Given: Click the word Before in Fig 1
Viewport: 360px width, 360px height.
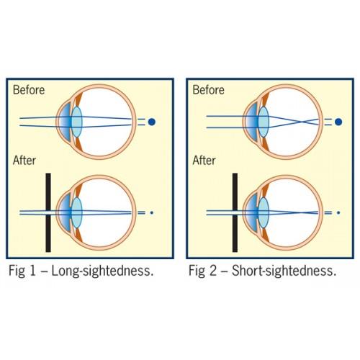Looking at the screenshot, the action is pyautogui.click(x=29, y=90).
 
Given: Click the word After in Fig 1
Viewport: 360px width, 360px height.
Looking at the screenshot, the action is pyautogui.click(x=24, y=161).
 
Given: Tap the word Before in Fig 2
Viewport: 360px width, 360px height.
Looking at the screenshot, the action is pyautogui.click(x=208, y=90).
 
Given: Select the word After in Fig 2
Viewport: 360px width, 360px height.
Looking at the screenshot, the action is pyautogui.click(x=204, y=161).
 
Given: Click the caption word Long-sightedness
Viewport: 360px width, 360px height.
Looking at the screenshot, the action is pyautogui.click(x=102, y=271).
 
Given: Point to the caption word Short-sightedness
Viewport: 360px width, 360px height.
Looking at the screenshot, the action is pyautogui.click(x=284, y=271).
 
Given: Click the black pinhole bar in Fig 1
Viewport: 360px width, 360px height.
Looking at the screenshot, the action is pyautogui.click(x=48, y=212).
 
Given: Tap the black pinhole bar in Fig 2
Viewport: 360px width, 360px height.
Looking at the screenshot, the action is pyautogui.click(x=235, y=212).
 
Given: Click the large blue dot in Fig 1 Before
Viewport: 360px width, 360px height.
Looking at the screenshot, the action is pyautogui.click(x=152, y=122).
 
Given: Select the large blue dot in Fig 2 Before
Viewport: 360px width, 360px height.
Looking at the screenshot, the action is pyautogui.click(x=338, y=122).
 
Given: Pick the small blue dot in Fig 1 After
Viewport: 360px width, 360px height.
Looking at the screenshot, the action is pyautogui.click(x=152, y=212).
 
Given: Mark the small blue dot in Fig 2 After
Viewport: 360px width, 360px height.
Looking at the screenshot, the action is pyautogui.click(x=338, y=212).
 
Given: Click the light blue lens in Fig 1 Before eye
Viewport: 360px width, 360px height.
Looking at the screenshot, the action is pyautogui.click(x=77, y=122).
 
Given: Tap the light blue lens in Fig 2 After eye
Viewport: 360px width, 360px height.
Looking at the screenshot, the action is pyautogui.click(x=264, y=212).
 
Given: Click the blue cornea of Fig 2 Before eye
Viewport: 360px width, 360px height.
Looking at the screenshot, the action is pyautogui.click(x=251, y=122).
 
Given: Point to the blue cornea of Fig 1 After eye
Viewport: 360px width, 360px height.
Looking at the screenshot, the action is pyautogui.click(x=64, y=212).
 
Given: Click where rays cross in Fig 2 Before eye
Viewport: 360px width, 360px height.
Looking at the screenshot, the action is pyautogui.click(x=302, y=122).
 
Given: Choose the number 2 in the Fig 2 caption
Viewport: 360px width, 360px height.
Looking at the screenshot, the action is pyautogui.click(x=212, y=271).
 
